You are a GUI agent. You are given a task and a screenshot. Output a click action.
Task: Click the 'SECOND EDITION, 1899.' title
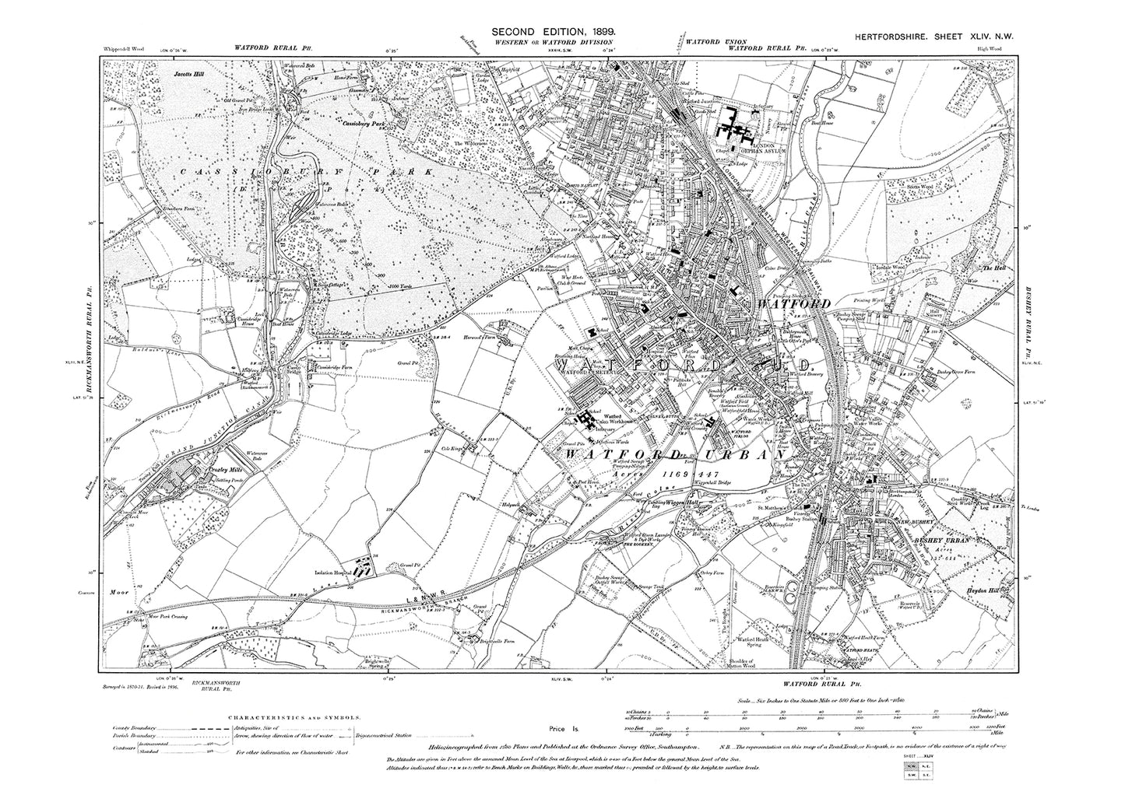tap(554, 30)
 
